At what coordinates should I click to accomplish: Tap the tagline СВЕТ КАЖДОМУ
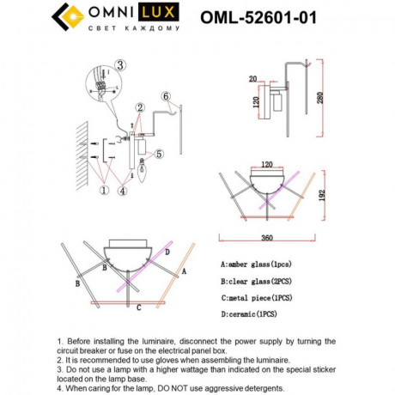[x=134, y=30]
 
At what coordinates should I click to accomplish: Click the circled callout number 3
[x=120, y=64]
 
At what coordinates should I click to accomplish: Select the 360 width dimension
[x=270, y=238]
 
